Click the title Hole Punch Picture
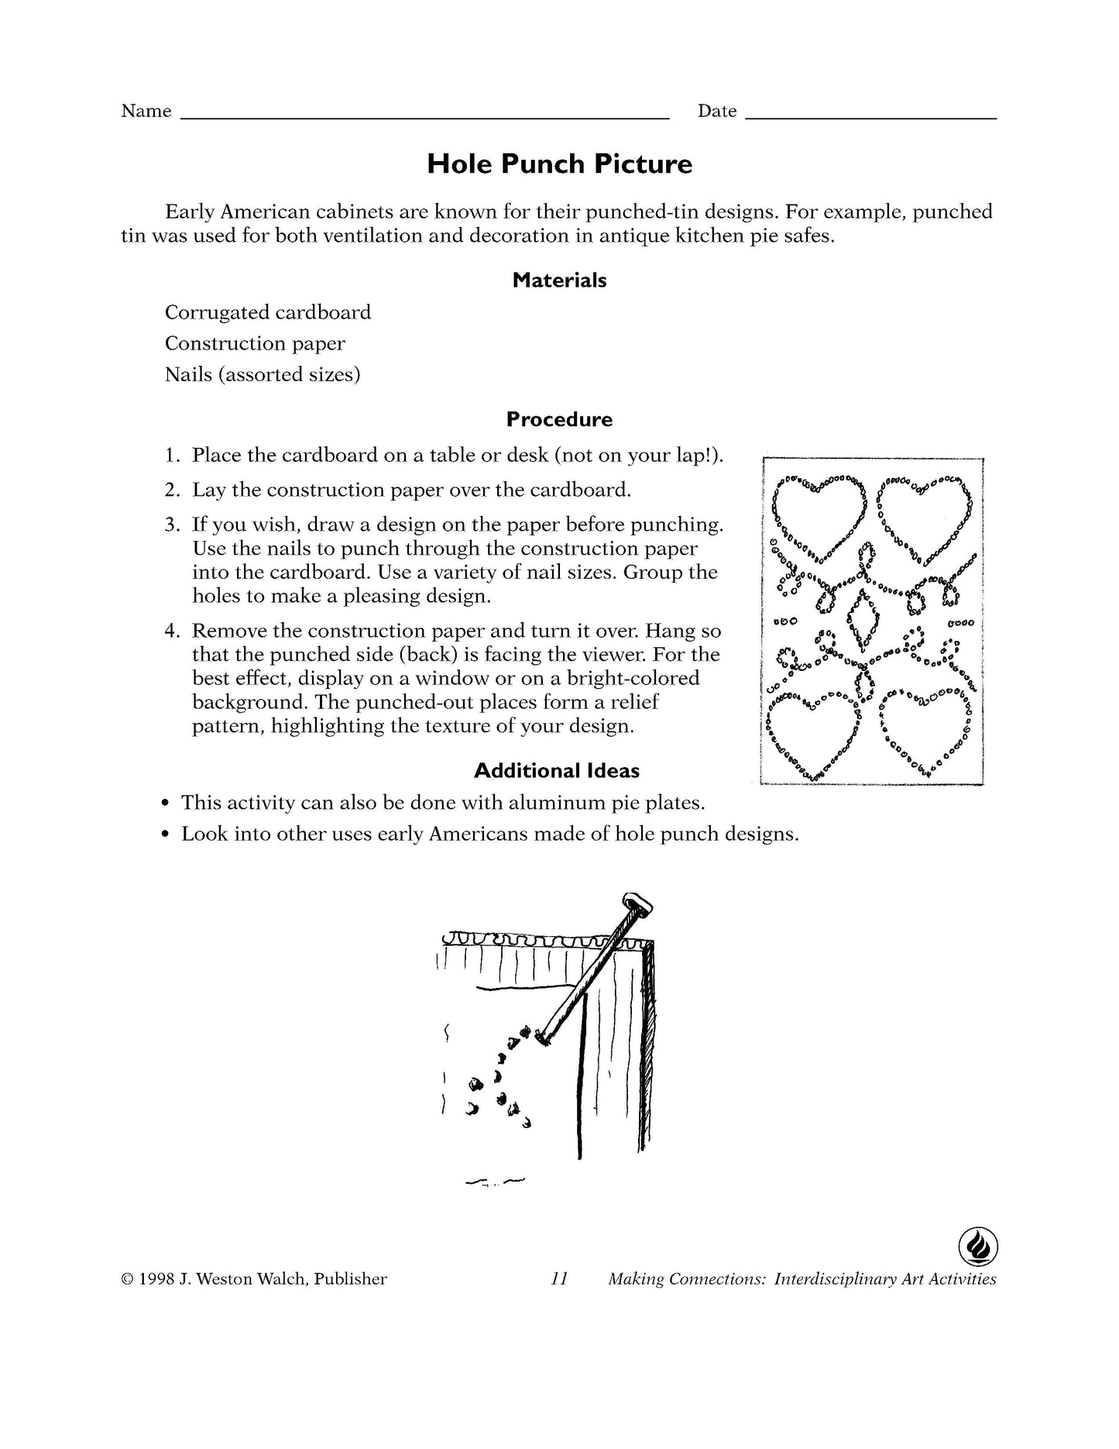[559, 164]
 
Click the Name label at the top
[146, 112]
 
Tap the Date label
[716, 112]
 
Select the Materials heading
[559, 281]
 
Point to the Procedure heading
[559, 420]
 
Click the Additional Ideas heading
[556, 771]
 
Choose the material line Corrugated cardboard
[267, 312]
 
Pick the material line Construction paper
[255, 343]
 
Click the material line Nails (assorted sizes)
[263, 375]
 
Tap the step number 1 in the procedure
[171, 456]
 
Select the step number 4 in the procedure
[171, 631]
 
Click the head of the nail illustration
[637, 903]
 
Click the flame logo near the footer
[977, 1247]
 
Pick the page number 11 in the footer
[559, 1279]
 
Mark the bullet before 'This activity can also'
[165, 804]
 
